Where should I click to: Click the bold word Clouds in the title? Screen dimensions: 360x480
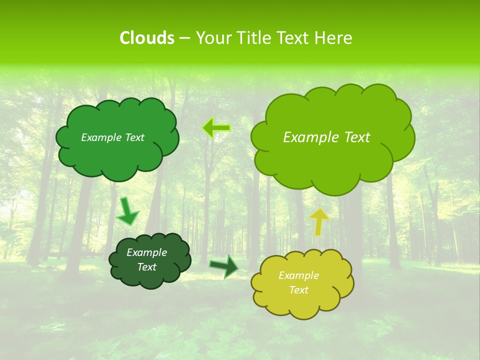(146, 38)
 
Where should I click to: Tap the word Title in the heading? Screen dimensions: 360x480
(254, 38)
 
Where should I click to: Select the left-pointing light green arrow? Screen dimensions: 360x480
(216, 128)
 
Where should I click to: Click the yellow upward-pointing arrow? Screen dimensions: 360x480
(319, 221)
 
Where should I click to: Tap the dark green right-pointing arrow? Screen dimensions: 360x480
(224, 266)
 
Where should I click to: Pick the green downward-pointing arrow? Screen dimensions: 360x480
(127, 211)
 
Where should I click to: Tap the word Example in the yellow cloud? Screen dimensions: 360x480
(298, 275)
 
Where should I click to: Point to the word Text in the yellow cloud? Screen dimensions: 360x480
(298, 290)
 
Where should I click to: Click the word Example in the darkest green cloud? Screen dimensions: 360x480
(146, 252)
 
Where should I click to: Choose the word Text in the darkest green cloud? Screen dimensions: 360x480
(146, 267)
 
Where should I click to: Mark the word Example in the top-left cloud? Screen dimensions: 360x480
(100, 137)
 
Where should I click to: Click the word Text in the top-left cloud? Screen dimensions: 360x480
(134, 137)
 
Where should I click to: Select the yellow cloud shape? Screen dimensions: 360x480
(302, 305)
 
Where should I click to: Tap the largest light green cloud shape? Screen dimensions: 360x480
(332, 165)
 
